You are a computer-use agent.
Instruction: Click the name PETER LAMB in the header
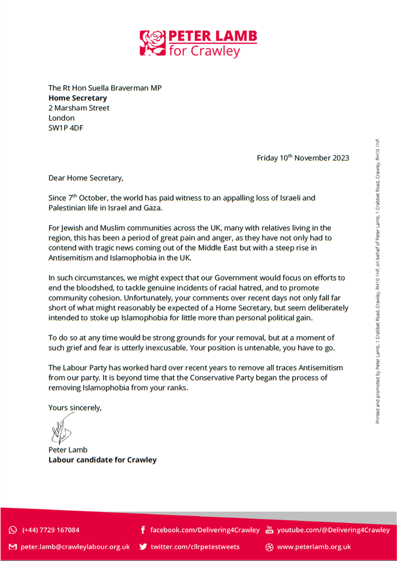pyautogui.click(x=213, y=36)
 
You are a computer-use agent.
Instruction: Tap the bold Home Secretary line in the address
pyautogui.click(x=78, y=98)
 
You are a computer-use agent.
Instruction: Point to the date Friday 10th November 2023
pyautogui.click(x=303, y=158)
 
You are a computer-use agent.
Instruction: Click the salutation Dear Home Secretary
pyautogui.click(x=86, y=177)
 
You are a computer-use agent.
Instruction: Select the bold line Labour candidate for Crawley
pyautogui.click(x=102, y=460)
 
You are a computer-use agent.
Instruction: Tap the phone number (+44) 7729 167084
pyautogui.click(x=51, y=530)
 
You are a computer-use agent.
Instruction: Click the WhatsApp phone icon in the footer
pyautogui.click(x=13, y=530)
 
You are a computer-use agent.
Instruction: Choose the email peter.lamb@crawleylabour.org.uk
pyautogui.click(x=75, y=547)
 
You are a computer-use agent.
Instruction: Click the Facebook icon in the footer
pyautogui.click(x=143, y=530)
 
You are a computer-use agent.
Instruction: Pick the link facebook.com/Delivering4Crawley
pyautogui.click(x=205, y=530)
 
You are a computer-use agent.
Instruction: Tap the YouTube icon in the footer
pyautogui.click(x=270, y=530)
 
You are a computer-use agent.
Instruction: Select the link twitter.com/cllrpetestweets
pyautogui.click(x=195, y=547)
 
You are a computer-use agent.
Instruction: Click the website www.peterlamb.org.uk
pyautogui.click(x=314, y=547)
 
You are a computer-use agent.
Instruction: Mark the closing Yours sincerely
pyautogui.click(x=75, y=408)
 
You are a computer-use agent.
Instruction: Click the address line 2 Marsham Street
pyautogui.click(x=79, y=108)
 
